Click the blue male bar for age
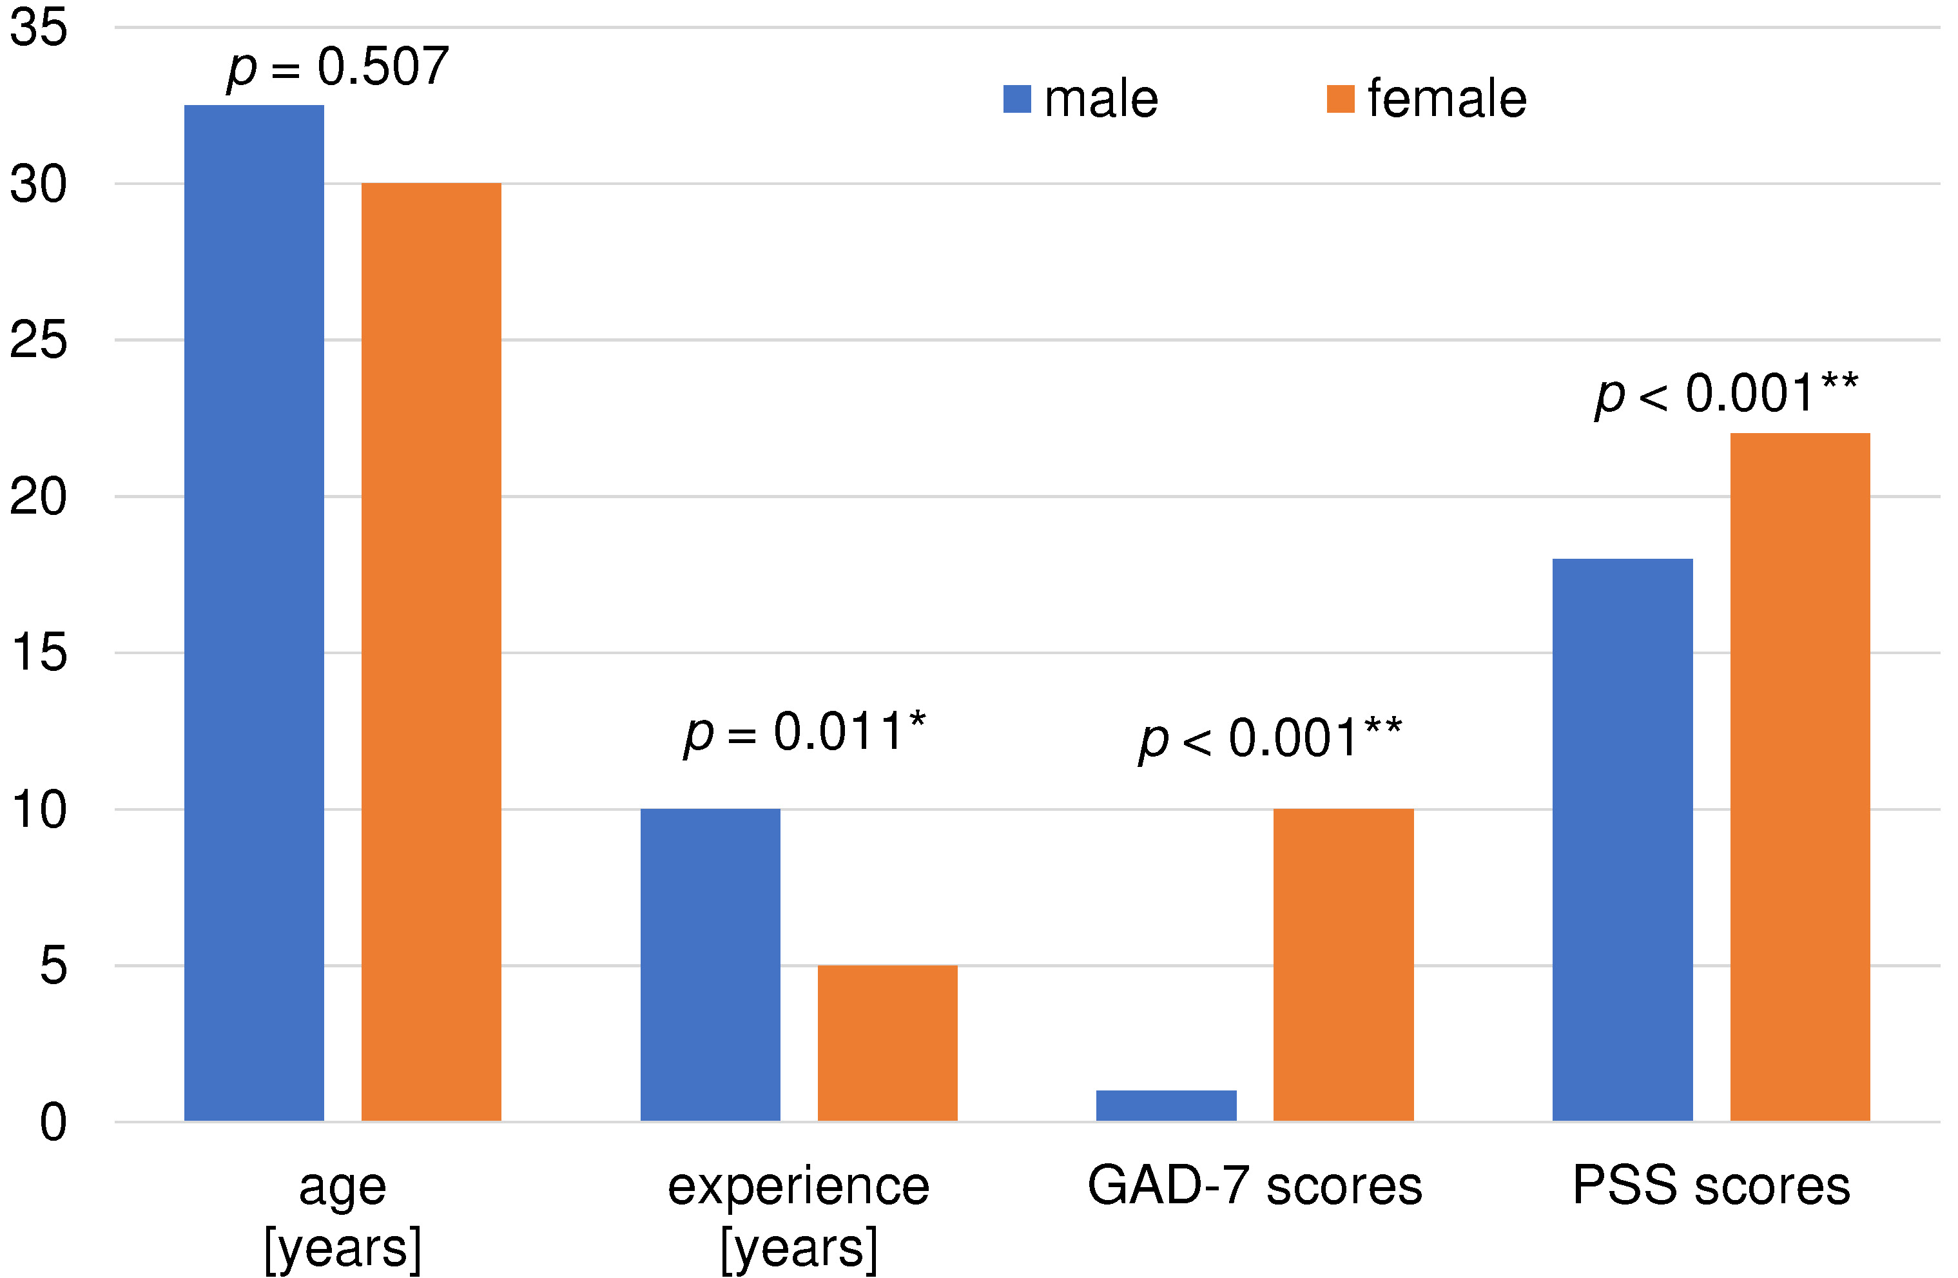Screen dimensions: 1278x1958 pos(253,613)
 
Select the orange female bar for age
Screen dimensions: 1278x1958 pos(431,652)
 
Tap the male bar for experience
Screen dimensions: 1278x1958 pos(710,964)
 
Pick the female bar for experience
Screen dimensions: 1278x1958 pos(887,1042)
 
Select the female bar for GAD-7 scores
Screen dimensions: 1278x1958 pos(1343,964)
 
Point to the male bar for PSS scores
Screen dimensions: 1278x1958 pos(1622,839)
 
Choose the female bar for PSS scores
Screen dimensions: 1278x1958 pos(1800,777)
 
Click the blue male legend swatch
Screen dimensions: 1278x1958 pos(1017,99)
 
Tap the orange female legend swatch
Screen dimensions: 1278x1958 pos(1340,99)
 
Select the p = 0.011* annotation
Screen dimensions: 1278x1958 pos(804,732)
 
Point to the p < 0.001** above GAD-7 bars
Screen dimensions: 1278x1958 pos(1270,738)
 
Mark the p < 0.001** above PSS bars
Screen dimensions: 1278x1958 pos(1726,393)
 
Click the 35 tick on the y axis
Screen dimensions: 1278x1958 pos(38,27)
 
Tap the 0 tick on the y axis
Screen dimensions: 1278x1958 pos(53,1122)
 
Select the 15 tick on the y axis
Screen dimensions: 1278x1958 pos(38,653)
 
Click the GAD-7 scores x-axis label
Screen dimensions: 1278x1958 pos(1255,1186)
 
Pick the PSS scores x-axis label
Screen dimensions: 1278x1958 pos(1711,1186)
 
